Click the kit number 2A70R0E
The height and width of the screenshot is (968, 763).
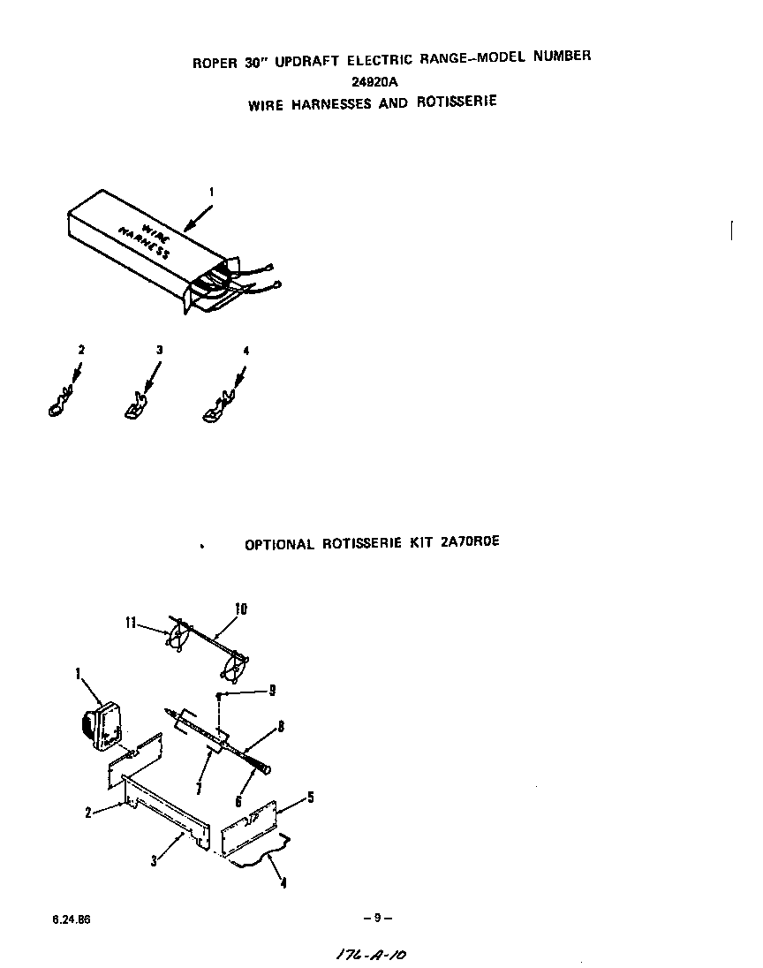469,542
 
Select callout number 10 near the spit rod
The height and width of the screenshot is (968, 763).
240,609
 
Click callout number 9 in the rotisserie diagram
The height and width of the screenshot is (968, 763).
273,690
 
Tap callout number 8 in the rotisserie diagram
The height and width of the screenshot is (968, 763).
280,728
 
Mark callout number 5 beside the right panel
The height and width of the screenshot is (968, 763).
309,798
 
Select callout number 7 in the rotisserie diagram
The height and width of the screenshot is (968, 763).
200,787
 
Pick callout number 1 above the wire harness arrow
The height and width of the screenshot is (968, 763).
212,191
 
